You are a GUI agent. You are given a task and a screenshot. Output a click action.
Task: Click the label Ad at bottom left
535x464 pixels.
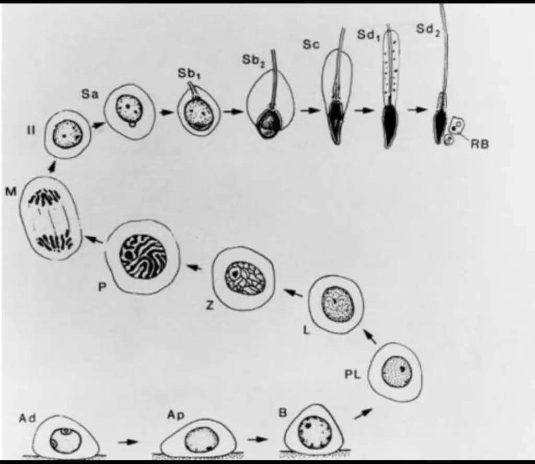27,418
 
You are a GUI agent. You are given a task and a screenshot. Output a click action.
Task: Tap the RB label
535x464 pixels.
480,144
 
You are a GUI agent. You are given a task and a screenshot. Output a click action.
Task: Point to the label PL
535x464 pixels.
353,375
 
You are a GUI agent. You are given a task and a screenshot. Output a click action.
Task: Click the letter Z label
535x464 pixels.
210,306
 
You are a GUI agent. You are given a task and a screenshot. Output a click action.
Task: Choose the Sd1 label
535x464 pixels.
368,35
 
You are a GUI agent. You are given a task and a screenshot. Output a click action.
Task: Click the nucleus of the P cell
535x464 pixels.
143,257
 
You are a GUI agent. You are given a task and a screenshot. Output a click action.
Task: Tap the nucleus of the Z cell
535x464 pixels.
245,277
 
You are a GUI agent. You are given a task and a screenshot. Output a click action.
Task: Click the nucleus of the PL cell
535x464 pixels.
397,372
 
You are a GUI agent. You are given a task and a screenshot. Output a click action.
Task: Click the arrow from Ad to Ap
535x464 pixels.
129,442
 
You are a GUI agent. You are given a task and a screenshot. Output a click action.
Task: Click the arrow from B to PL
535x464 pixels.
363,413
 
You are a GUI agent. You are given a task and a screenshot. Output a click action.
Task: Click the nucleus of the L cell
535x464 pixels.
336,304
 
